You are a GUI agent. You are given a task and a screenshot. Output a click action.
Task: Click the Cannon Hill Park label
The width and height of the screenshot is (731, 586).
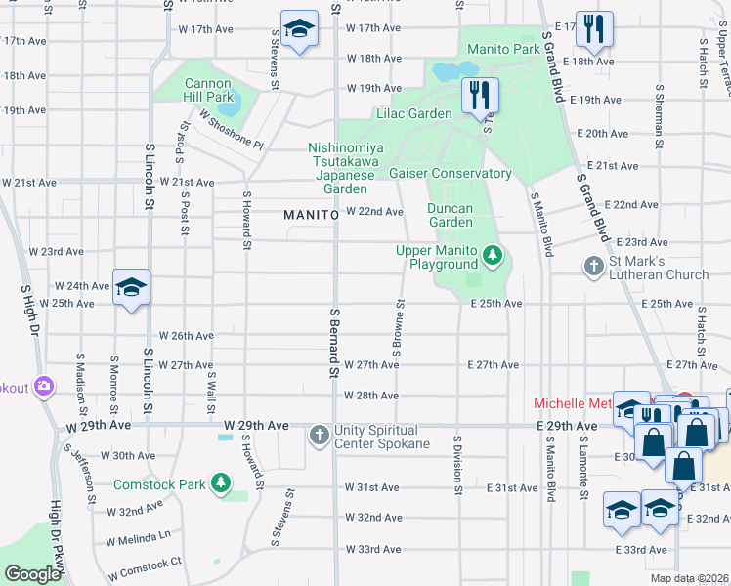[x=209, y=90]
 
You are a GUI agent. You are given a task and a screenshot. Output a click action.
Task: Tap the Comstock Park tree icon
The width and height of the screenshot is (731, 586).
[x=222, y=483]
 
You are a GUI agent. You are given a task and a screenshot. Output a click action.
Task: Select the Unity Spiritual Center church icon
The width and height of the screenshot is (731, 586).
[x=320, y=436]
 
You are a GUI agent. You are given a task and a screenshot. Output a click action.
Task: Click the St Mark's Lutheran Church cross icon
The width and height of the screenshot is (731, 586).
[x=593, y=267]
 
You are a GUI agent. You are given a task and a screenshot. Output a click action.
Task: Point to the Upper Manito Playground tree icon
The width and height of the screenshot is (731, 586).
[x=494, y=257]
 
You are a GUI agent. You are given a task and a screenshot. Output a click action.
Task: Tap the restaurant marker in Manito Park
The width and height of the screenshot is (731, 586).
[x=479, y=97]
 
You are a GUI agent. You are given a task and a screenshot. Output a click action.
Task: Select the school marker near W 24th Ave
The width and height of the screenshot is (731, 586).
[x=131, y=288]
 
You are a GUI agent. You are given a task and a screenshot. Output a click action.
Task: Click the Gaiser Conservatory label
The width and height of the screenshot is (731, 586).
[x=451, y=173]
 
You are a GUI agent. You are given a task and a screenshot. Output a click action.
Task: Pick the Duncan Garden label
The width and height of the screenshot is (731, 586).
[x=451, y=215]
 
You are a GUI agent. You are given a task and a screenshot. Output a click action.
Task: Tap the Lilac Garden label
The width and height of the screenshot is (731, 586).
[x=414, y=114]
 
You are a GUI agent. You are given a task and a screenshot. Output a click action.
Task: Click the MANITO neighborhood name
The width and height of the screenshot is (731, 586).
[x=311, y=213]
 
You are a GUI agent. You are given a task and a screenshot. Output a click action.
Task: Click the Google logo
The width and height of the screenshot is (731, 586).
[x=32, y=574]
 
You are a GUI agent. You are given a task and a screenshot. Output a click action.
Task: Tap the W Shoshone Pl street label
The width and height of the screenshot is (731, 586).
[x=231, y=129]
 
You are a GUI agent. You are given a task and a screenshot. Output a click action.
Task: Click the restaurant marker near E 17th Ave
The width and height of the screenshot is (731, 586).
[x=593, y=30]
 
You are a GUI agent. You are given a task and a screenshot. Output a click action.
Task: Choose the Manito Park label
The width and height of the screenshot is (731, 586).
[x=503, y=49]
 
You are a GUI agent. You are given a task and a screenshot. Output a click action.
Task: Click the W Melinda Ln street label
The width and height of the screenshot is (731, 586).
[x=138, y=536]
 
